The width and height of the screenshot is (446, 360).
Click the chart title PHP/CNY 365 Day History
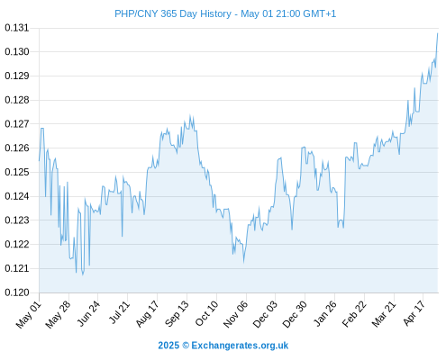click(173, 13)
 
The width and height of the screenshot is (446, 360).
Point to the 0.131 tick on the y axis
click(17, 28)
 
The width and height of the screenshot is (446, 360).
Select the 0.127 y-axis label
click(17, 124)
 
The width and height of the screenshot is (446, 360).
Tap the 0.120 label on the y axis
click(17, 292)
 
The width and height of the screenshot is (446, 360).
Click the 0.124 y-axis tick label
click(17, 196)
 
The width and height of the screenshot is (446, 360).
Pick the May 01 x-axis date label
click(29, 314)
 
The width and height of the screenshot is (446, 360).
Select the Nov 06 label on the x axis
click(236, 314)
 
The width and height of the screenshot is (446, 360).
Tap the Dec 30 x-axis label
click(296, 314)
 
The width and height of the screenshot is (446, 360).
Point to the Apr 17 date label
click(414, 313)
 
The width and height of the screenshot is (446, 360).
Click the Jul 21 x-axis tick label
click(119, 312)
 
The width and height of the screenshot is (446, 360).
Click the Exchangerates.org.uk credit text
click(223, 346)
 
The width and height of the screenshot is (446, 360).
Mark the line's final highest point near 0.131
click(438, 33)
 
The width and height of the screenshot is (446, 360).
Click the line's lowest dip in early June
click(83, 274)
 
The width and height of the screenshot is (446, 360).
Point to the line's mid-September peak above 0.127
click(190, 115)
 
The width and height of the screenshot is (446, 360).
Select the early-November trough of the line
click(243, 262)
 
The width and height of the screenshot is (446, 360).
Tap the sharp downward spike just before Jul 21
click(122, 236)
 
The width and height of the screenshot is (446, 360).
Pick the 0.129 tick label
click(17, 76)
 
